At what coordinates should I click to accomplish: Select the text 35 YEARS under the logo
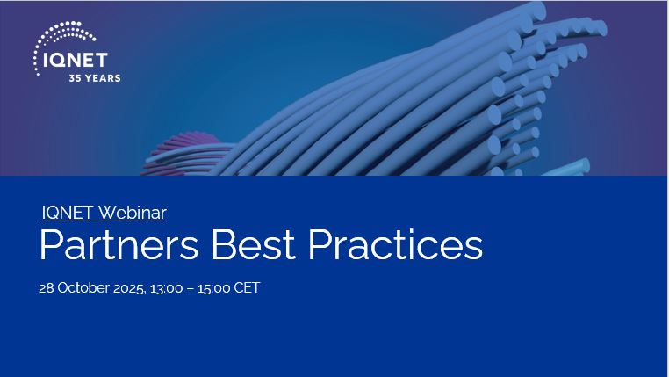[x=95, y=78]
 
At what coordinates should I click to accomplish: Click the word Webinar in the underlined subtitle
[x=132, y=213]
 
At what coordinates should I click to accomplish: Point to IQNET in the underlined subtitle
[x=68, y=213]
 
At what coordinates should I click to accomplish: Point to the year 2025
[x=130, y=288]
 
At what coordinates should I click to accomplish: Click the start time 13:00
[x=169, y=288]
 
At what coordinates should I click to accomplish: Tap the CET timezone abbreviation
[x=248, y=288]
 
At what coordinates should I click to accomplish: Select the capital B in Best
[x=220, y=245]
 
